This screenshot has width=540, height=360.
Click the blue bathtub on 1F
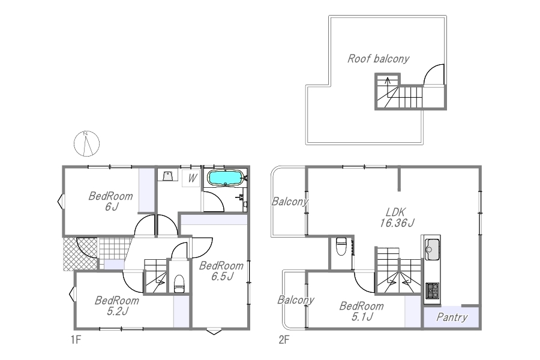(x=224, y=178)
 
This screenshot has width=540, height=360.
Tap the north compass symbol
(x=87, y=143)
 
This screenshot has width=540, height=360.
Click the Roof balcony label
(x=378, y=59)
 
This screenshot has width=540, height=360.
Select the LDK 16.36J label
(x=397, y=217)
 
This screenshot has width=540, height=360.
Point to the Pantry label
(x=452, y=317)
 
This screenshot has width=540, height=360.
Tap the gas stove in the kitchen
(x=433, y=290)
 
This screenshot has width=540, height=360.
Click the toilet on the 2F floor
(x=341, y=247)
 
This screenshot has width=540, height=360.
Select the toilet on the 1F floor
(x=179, y=284)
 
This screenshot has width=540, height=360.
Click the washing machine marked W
(x=191, y=178)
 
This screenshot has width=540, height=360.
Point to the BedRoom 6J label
(x=110, y=201)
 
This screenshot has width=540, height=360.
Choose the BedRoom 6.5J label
(x=221, y=271)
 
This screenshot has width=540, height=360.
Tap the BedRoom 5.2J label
(x=117, y=305)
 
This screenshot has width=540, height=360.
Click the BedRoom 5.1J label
(x=361, y=311)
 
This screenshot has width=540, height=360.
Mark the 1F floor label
(x=76, y=340)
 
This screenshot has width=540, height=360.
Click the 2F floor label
(x=284, y=340)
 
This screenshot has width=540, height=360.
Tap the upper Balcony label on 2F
(x=290, y=202)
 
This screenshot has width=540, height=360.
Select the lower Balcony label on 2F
(x=296, y=300)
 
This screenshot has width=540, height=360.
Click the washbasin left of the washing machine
(x=168, y=175)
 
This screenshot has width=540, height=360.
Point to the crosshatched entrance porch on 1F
(x=80, y=254)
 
